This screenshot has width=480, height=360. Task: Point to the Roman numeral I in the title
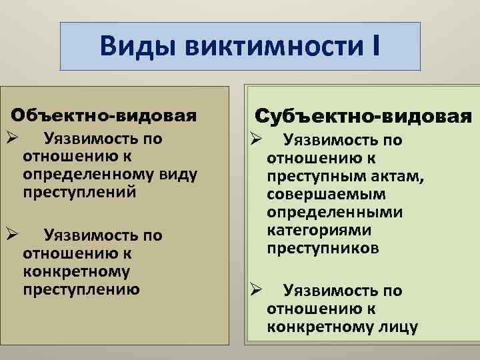[376, 47]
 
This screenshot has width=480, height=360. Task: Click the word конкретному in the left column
[76, 271]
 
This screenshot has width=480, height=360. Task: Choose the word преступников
[323, 248]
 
